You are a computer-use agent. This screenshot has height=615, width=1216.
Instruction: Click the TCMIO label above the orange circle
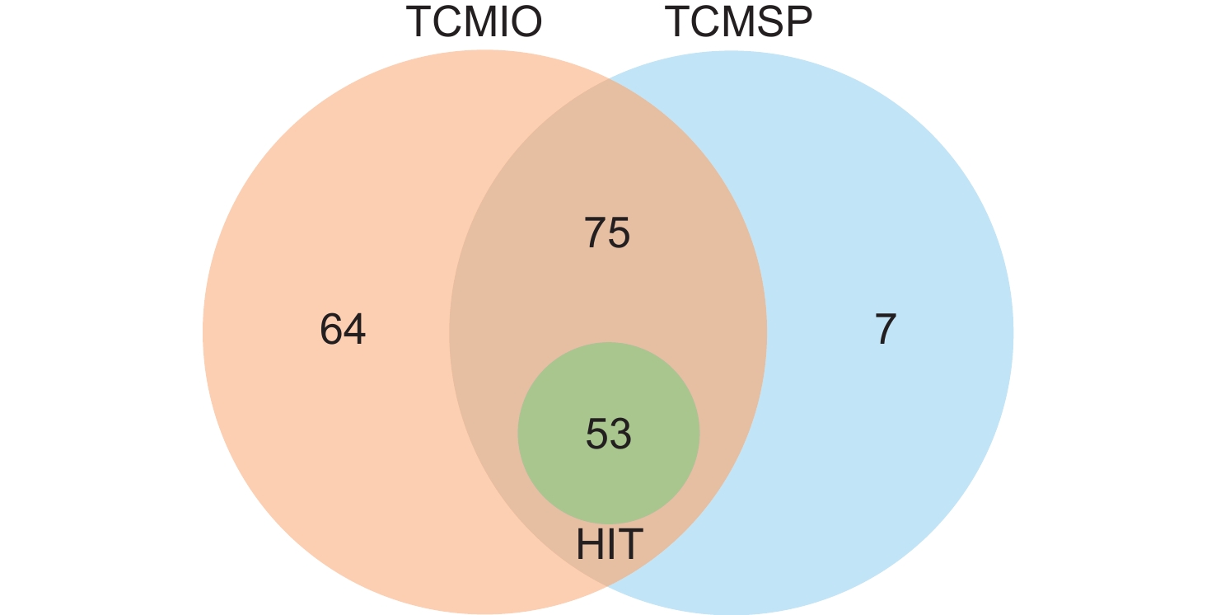click(x=474, y=23)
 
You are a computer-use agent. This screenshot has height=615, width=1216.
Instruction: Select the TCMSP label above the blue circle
click(x=739, y=23)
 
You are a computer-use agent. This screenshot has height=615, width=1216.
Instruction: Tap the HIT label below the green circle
click(x=609, y=544)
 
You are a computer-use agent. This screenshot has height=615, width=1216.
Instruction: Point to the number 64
click(x=343, y=331)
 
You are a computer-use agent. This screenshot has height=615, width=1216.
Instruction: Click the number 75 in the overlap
click(x=607, y=233)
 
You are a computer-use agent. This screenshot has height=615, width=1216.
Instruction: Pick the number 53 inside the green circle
click(x=608, y=434)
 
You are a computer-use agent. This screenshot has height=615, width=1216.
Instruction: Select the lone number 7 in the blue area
click(x=885, y=331)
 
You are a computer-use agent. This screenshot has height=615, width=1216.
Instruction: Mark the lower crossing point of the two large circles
click(x=608, y=586)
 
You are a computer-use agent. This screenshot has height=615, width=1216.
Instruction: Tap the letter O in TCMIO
click(x=524, y=23)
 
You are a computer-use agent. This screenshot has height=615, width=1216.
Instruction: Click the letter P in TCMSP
click(x=797, y=23)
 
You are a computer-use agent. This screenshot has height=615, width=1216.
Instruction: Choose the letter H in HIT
click(x=590, y=544)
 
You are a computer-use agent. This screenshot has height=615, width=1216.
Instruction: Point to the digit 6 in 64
click(x=331, y=331)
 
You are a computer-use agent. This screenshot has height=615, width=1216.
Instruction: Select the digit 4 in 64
click(x=355, y=331)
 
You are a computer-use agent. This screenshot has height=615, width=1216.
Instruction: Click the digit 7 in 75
click(x=596, y=233)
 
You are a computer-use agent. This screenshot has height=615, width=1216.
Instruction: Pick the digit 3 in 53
click(x=620, y=434)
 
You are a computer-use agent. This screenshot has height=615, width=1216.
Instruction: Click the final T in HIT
click(x=629, y=544)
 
